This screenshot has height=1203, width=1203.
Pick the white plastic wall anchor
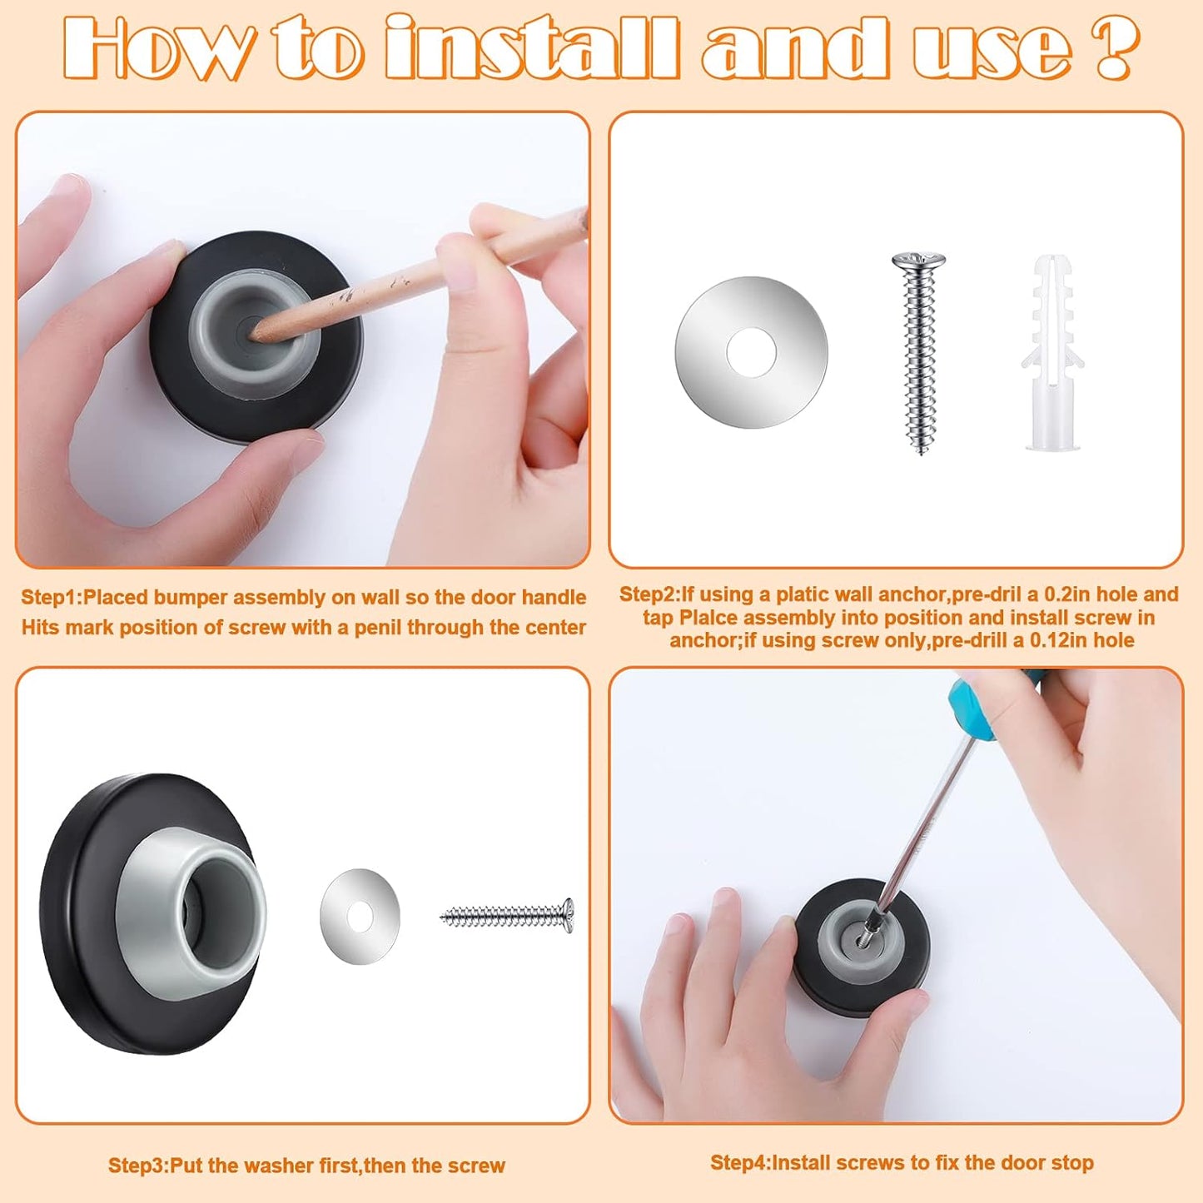point(1052,354)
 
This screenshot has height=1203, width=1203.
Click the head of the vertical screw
point(918,262)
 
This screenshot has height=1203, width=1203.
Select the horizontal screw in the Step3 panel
point(507,917)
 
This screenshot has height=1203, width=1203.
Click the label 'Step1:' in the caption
point(51,598)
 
